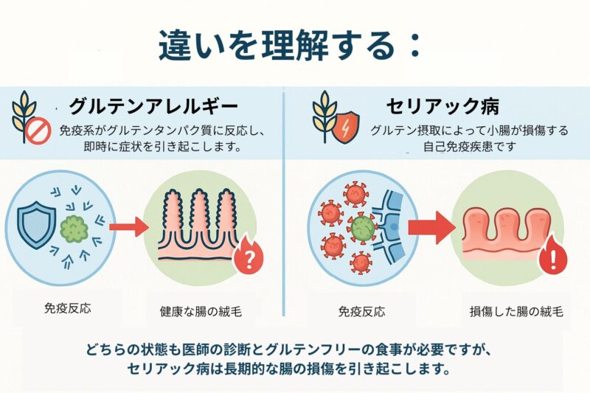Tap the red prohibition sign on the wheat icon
[x=36, y=131]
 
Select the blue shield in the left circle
[x=36, y=220]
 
